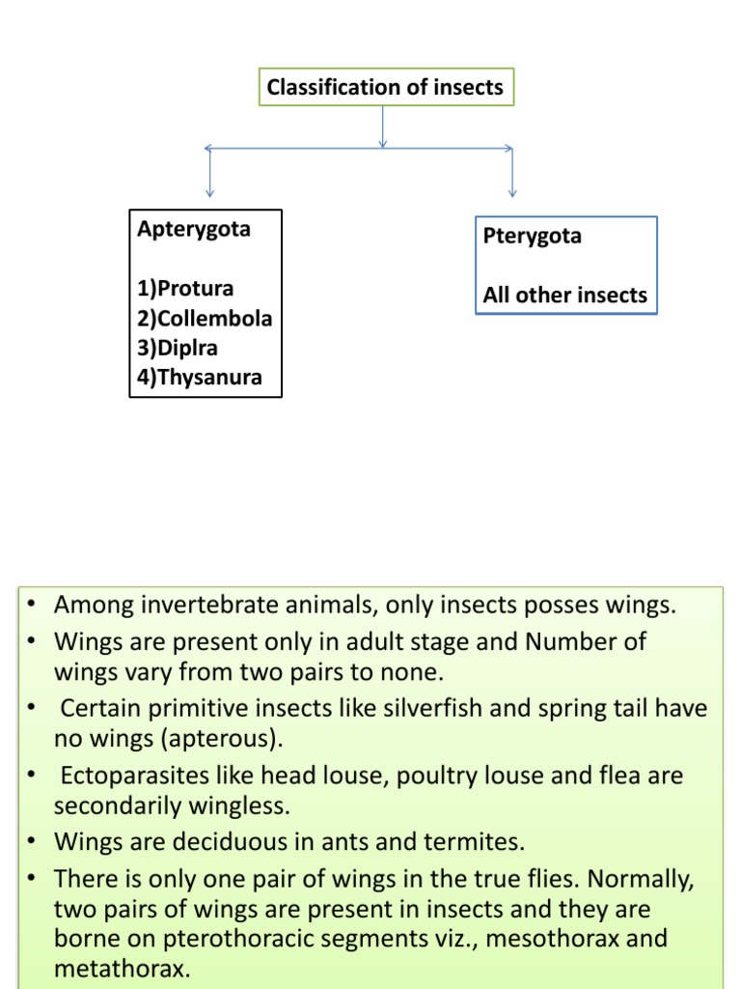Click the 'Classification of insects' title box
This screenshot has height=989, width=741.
click(385, 88)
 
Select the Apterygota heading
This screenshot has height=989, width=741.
click(194, 229)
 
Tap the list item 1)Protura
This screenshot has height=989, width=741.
click(185, 289)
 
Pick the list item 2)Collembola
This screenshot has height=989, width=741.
click(205, 319)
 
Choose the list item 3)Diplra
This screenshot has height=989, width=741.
click(178, 348)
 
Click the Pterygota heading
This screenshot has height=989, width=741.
click(532, 237)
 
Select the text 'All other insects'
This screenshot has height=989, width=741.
click(565, 296)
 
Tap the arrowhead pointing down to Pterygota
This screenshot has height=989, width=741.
click(511, 192)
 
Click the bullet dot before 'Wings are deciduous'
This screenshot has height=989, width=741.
click(32, 841)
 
